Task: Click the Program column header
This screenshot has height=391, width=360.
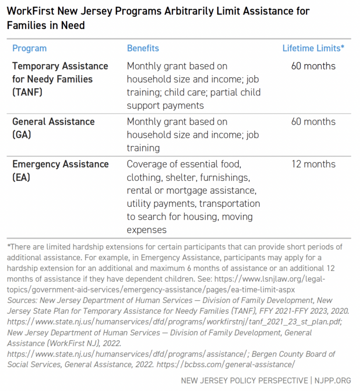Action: pyautogui.click(x=29, y=48)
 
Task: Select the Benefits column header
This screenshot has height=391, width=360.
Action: pyautogui.click(x=143, y=48)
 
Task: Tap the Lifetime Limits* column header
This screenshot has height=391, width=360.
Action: pyautogui.click(x=313, y=48)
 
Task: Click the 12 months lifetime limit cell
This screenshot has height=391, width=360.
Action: pyautogui.click(x=313, y=164)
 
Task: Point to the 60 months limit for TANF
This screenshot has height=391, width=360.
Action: pyautogui.click(x=313, y=66)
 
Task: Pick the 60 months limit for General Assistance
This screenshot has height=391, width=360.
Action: pyautogui.click(x=313, y=122)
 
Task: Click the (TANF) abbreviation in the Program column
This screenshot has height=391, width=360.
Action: pyautogui.click(x=27, y=92)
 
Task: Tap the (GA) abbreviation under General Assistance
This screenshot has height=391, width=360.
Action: pyautogui.click(x=22, y=135)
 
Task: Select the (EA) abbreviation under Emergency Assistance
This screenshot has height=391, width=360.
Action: pyautogui.click(x=22, y=177)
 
